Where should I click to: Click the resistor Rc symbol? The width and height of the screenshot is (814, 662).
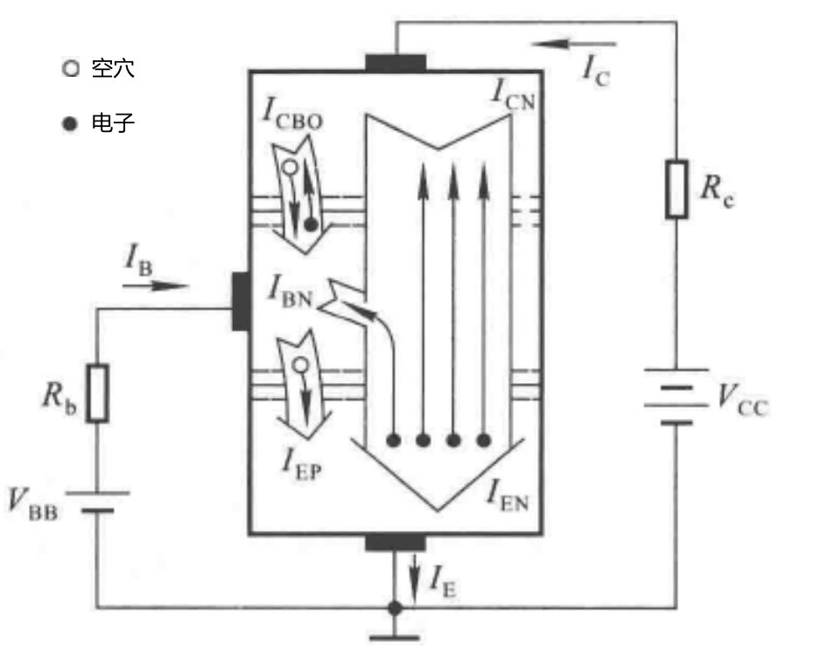[x=677, y=189]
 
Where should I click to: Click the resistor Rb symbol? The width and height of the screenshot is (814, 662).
[x=97, y=394]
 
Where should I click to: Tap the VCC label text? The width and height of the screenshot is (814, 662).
[x=742, y=401]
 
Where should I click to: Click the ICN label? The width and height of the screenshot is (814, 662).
[x=513, y=94]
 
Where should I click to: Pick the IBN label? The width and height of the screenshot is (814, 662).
[x=291, y=291]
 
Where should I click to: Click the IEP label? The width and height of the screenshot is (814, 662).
[x=302, y=463]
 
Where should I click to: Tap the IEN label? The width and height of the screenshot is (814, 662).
[x=508, y=496]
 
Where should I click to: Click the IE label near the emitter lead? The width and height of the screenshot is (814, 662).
[x=444, y=581]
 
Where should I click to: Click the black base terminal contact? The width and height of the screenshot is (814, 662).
[x=241, y=302]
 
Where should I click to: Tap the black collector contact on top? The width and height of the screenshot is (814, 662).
[x=396, y=63]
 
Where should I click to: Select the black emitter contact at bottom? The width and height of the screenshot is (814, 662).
[x=396, y=543]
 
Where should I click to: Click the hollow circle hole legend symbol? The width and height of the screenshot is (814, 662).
[x=71, y=68]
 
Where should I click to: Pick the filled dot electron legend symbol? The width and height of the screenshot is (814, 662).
[x=69, y=123]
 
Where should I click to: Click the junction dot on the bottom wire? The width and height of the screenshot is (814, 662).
[x=395, y=608]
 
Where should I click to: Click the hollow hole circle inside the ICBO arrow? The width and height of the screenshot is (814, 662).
[x=291, y=168]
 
